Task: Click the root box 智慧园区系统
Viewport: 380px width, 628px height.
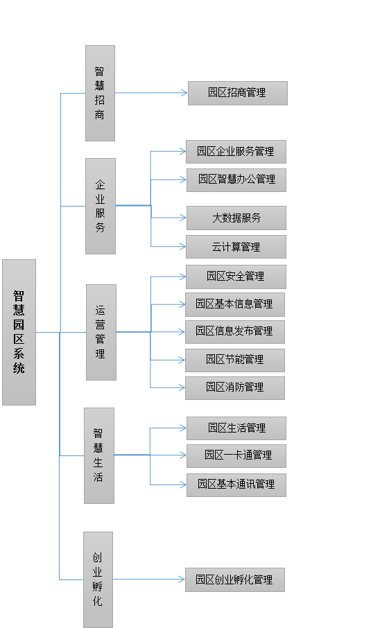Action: [x=19, y=332]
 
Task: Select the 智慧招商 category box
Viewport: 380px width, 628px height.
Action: [x=101, y=93]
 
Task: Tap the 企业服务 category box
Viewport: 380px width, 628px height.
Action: [x=101, y=206]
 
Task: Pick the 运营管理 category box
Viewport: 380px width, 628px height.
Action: [x=101, y=332]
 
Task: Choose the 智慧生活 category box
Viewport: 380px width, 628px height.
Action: [x=99, y=455]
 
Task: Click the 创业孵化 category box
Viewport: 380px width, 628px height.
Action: [x=98, y=579]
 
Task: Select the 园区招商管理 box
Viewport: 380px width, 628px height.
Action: [x=238, y=94]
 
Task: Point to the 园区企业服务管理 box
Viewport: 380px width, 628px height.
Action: [x=236, y=152]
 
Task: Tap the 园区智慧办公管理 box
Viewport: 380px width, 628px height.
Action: [x=236, y=180]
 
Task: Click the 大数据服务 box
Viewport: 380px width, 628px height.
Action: [x=236, y=218]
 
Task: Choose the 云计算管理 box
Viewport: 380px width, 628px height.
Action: [x=236, y=247]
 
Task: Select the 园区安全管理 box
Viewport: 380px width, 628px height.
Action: [x=236, y=277]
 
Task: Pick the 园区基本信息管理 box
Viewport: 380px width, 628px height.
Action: [x=235, y=304]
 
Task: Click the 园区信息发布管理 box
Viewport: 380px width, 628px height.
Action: [x=235, y=331]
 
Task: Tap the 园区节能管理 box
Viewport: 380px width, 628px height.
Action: [x=235, y=360]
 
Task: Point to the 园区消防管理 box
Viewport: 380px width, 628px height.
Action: [x=235, y=387]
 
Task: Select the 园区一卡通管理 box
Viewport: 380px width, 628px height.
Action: [x=236, y=456]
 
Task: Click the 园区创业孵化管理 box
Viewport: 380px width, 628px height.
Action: [x=235, y=579]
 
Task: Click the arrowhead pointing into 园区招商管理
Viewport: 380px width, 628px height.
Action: [x=184, y=93]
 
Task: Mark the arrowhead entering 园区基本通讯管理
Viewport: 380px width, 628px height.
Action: [x=183, y=485]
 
